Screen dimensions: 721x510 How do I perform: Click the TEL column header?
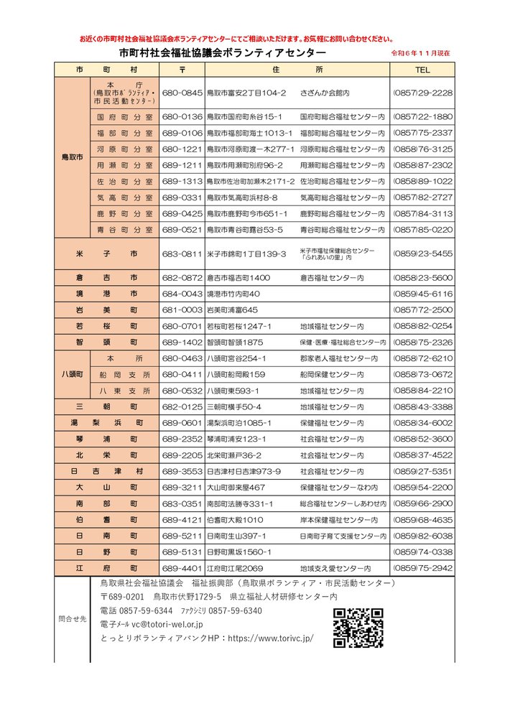tap(422, 70)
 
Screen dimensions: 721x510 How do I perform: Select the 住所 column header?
tap(298, 70)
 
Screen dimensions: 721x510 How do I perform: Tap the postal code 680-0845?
tap(182, 93)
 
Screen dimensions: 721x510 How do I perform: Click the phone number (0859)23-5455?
tap(422, 253)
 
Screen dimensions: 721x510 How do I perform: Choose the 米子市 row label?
tap(106, 253)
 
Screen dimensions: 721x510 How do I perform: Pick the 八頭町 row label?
tap(71, 374)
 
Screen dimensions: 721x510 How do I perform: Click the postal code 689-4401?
tap(182, 568)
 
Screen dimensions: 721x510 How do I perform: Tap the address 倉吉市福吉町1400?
tap(238, 277)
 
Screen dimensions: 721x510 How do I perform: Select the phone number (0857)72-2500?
tap(422, 310)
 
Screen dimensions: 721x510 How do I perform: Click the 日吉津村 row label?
tap(106, 471)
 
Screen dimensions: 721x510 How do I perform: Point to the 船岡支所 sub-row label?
tap(125, 374)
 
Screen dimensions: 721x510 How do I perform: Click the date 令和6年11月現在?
tap(420, 54)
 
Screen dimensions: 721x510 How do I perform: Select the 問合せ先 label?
tap(72, 618)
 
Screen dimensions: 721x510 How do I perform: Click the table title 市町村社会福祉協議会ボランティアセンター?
tap(222, 53)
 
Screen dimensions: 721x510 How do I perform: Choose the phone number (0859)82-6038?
tap(422, 536)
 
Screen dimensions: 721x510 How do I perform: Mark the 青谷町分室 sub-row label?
tap(125, 230)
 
